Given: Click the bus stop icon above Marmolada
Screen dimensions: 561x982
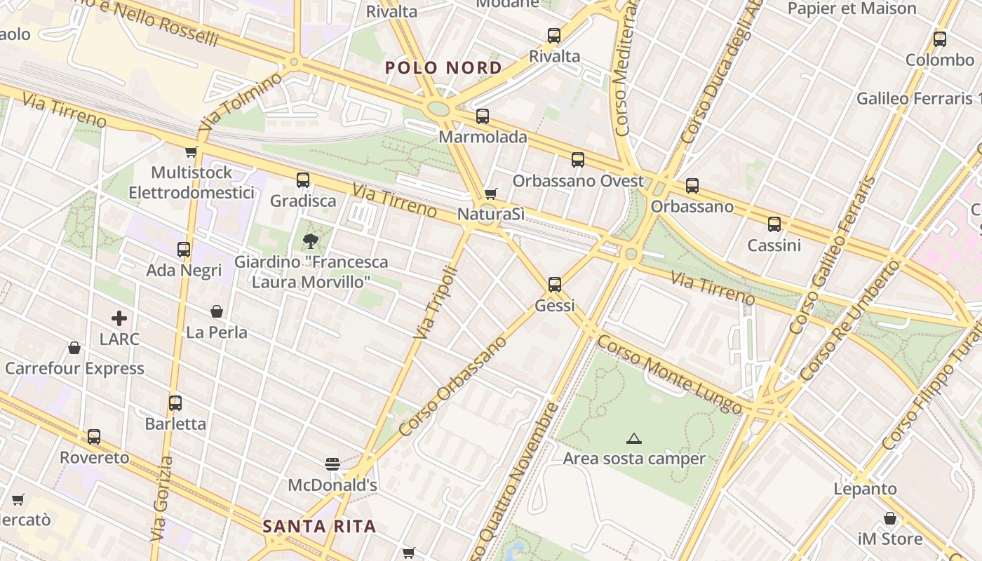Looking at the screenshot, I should click(x=483, y=116).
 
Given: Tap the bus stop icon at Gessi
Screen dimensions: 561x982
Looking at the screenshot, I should click(x=555, y=284).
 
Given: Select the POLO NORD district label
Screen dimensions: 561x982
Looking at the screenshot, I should click(x=443, y=68).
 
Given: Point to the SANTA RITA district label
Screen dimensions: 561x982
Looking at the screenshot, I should click(x=319, y=526).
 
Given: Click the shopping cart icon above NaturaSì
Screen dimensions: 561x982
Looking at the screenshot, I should click(x=491, y=194).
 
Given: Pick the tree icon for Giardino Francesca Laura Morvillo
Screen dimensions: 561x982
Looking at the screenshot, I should click(x=309, y=241).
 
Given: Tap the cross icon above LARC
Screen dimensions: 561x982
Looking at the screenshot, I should click(x=119, y=318).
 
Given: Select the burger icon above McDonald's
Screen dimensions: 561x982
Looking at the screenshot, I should click(x=332, y=464).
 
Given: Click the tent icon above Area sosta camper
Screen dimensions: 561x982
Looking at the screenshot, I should click(x=634, y=439).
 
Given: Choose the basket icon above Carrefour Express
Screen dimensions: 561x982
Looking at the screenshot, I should click(x=74, y=348).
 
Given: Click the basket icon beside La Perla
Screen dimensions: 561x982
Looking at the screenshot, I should click(x=217, y=311).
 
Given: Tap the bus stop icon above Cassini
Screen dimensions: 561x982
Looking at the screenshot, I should click(x=774, y=224).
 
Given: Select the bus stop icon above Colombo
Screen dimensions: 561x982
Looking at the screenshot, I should click(x=940, y=39).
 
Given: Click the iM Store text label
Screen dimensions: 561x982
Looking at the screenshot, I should click(x=890, y=539).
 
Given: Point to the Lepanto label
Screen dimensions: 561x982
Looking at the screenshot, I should click(x=865, y=489).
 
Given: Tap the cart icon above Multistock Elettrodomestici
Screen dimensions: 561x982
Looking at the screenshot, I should click(x=191, y=151).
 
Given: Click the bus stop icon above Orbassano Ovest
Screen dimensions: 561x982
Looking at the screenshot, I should click(x=578, y=160).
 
